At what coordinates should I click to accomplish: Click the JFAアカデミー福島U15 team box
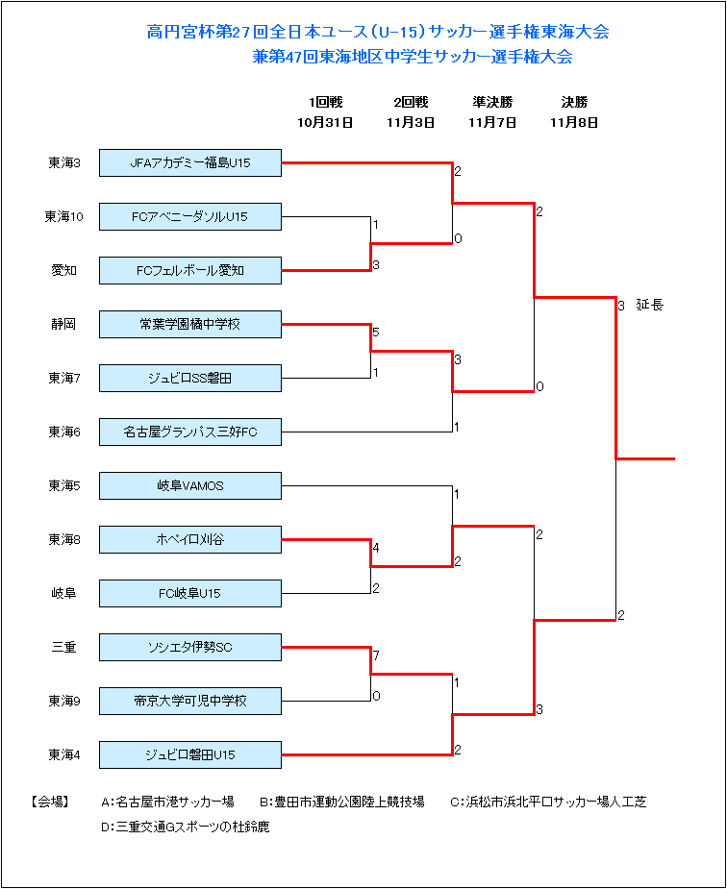pos(190,162)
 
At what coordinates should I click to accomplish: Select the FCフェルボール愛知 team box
pos(190,270)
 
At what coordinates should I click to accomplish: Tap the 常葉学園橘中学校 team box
pos(190,324)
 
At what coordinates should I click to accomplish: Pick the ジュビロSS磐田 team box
pos(190,378)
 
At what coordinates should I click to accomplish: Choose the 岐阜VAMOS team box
pos(190,486)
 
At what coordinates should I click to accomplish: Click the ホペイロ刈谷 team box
pos(190,540)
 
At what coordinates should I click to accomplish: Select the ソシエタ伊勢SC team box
pos(190,648)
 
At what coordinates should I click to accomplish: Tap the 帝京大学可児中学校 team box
pos(190,702)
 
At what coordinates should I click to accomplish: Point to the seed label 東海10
pos(64,216)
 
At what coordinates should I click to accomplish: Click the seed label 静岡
pos(63,324)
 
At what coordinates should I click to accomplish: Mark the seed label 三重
pos(63,648)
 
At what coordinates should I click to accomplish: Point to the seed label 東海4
pos(64,755)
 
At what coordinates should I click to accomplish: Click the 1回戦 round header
pos(325,102)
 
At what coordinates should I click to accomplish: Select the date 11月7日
pos(492,122)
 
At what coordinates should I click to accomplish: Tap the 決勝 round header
pos(574,102)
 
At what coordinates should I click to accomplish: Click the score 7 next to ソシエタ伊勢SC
pos(376,656)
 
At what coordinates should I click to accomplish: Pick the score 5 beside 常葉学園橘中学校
pos(376,333)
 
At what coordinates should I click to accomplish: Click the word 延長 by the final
pos(649,305)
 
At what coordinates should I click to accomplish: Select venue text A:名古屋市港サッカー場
pos(167,802)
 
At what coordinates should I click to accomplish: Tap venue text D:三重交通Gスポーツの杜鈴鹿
pos(186,827)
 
